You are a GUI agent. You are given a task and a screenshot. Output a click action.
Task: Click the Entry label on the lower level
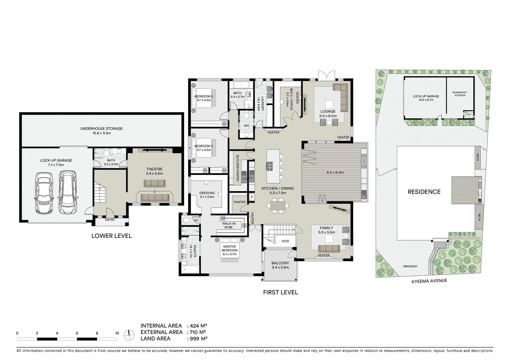click(110, 220)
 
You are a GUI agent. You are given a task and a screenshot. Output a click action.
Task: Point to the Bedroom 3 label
click(203, 97)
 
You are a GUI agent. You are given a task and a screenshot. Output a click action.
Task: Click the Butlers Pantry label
click(237, 168)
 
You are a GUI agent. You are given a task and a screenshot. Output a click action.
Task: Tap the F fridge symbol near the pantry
click(252, 197)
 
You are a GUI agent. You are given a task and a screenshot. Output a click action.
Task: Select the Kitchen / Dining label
click(278, 189)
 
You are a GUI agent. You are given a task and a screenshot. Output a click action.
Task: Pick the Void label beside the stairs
click(285, 241)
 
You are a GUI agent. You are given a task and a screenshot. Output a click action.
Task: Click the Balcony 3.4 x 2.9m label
click(280, 265)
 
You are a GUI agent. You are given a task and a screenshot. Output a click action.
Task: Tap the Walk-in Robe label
click(229, 225)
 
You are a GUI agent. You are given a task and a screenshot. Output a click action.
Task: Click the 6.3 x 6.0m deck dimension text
click(335, 172)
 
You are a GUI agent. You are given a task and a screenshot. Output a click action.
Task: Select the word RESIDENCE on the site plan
click(424, 192)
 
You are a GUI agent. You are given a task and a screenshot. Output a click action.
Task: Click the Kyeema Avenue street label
click(429, 281)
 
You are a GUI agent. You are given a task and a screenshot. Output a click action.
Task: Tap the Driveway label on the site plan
click(410, 266)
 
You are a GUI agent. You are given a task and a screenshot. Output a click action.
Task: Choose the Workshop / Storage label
click(460, 94)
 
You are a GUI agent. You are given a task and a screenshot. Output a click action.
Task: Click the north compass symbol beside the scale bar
click(129, 335)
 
